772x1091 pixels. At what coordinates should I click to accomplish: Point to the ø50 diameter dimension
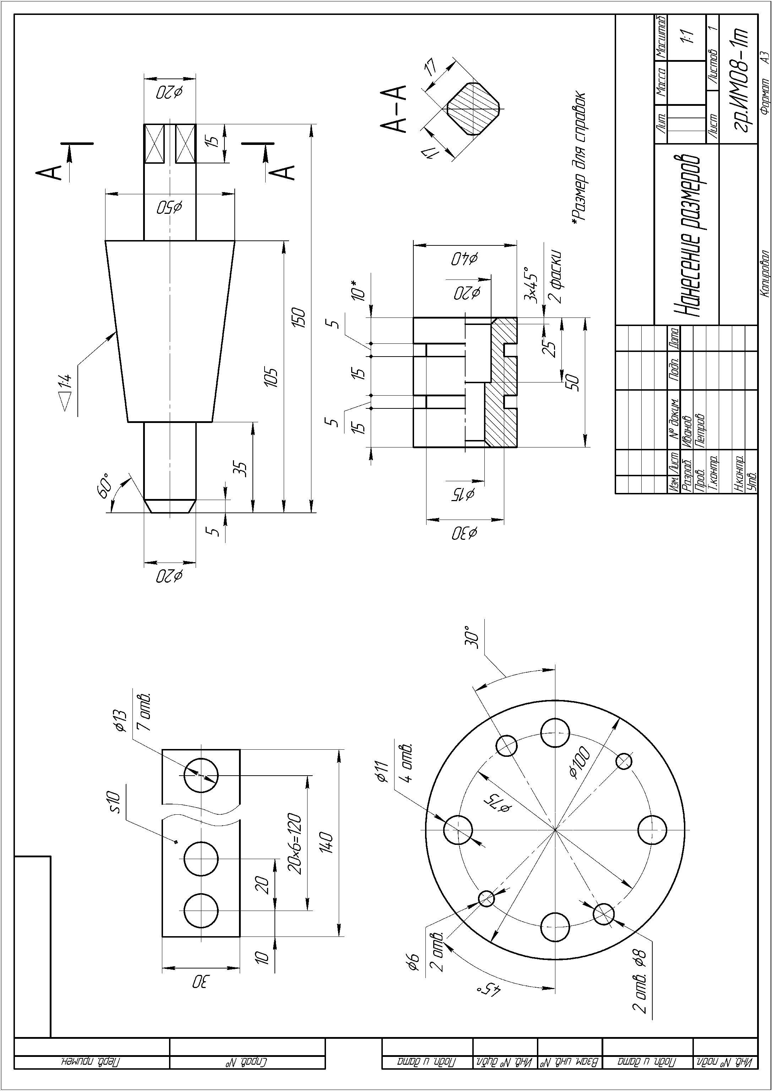pyautogui.click(x=170, y=208)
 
